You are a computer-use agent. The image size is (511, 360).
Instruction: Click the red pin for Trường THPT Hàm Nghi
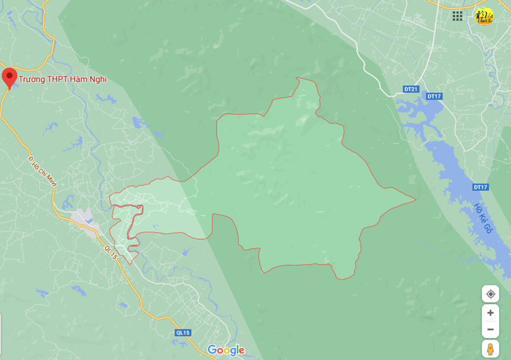9,77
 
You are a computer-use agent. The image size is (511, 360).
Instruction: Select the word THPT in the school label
60,79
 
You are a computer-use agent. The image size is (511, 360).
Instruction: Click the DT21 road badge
411,89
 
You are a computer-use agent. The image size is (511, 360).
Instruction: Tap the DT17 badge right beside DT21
434,96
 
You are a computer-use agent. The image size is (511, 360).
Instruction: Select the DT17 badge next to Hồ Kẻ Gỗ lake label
481,187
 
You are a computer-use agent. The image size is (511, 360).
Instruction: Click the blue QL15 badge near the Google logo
183,332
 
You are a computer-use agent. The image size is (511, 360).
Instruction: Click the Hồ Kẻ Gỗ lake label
483,218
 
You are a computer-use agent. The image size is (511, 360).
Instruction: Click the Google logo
226,351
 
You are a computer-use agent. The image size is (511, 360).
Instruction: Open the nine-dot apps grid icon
457,16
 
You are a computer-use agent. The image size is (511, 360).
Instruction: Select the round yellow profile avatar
484,16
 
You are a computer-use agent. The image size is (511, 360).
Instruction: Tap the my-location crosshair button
490,294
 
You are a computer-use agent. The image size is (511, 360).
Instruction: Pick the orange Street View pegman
490,349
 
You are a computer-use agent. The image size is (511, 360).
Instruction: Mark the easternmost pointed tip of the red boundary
416,200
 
